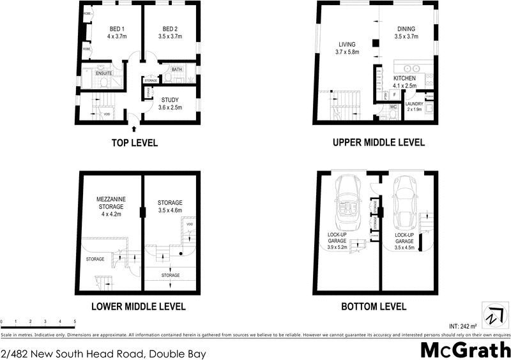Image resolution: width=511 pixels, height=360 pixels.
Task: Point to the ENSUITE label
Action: (x=104, y=73)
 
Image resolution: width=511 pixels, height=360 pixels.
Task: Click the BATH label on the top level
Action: (x=176, y=69)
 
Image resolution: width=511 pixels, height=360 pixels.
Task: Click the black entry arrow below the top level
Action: (x=133, y=129)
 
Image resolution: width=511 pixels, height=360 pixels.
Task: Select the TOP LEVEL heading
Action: (x=134, y=143)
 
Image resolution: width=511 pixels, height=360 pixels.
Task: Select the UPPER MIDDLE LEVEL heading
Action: (x=378, y=143)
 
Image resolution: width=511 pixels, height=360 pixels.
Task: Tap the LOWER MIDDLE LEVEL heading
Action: (x=139, y=307)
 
